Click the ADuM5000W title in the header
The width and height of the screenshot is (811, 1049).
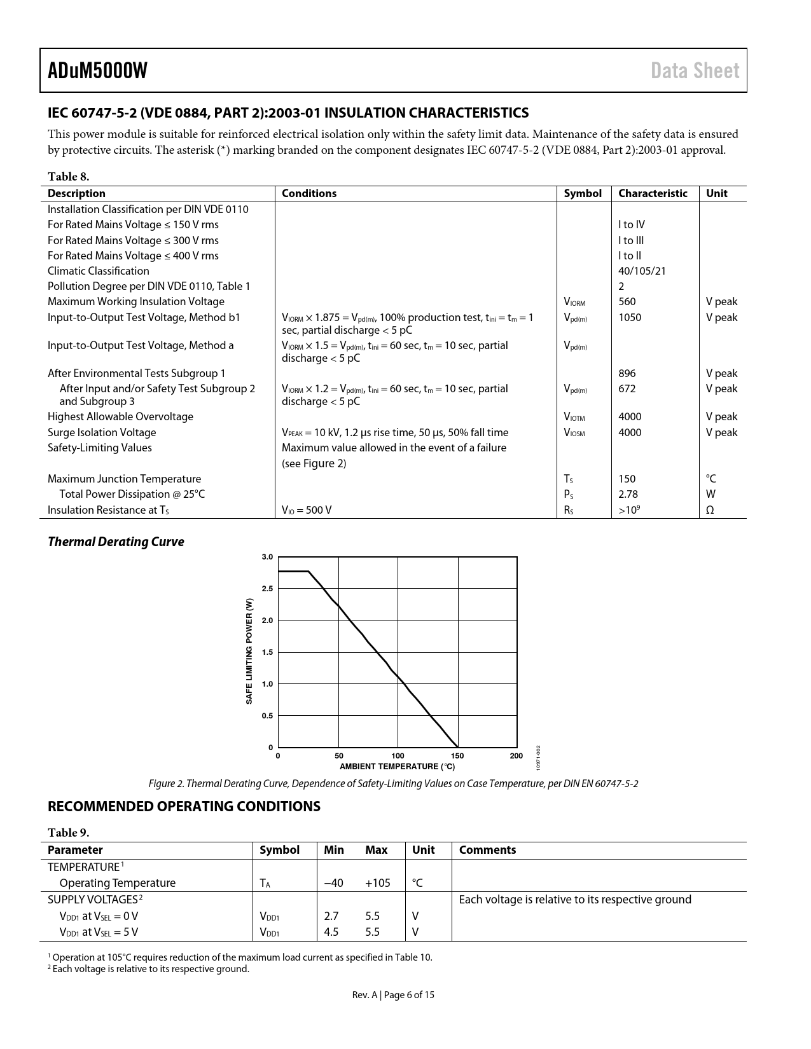pos(97,71)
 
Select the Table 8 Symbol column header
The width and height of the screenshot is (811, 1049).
pos(582,193)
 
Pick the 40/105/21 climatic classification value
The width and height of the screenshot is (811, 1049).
pos(642,271)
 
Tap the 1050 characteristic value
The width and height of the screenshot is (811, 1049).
pos(630,317)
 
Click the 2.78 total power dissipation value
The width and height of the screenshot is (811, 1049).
pos(628,494)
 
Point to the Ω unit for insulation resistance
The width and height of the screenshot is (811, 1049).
pos(710,510)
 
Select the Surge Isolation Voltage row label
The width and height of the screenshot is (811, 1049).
pos(102,432)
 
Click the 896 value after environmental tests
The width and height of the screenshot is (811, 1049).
pos(627,373)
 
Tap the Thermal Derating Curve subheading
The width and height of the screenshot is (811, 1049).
pos(116,542)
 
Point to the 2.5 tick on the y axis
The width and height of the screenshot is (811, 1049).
pos(267,589)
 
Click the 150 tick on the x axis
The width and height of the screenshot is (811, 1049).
pos(457,756)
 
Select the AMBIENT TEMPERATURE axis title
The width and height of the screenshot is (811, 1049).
pos(397,767)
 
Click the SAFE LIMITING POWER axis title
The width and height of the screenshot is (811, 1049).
pos(249,651)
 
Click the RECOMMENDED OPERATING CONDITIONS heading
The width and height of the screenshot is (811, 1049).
pos(184,806)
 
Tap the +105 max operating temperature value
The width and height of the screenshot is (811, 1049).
pos(377,882)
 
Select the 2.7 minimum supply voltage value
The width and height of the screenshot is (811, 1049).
pos(331,916)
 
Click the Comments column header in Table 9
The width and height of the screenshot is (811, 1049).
pos(487,850)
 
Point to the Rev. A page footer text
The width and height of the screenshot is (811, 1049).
pos(393,995)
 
